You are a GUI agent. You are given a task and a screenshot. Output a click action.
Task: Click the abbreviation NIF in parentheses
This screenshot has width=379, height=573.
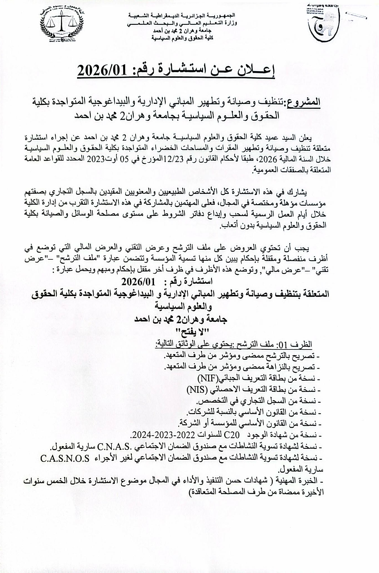point(209,379)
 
